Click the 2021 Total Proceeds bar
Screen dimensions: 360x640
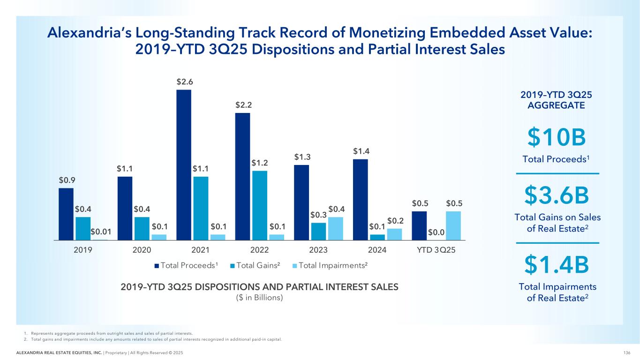(x=184, y=165)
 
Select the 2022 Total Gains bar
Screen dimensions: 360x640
(x=260, y=205)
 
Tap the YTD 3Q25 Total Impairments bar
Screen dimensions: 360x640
(x=453, y=225)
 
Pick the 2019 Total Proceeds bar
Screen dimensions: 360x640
(x=66, y=214)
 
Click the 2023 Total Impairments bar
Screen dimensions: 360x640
(x=335, y=228)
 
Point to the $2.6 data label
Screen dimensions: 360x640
(x=184, y=82)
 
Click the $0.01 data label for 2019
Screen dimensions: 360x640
(x=100, y=231)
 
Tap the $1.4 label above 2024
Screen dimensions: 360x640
(x=360, y=151)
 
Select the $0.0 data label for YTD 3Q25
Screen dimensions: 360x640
(x=437, y=231)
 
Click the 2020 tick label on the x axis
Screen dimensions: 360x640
(x=142, y=250)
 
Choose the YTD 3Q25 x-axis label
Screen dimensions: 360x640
(x=436, y=250)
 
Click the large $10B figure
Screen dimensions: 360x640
(x=557, y=137)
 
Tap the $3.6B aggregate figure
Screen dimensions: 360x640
(x=557, y=196)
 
